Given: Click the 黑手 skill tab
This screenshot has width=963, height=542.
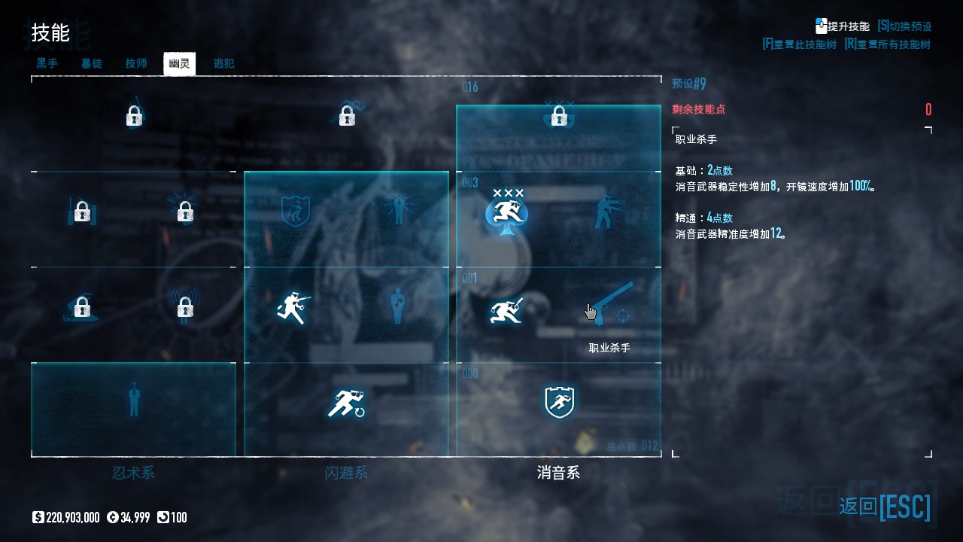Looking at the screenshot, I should coord(47,63).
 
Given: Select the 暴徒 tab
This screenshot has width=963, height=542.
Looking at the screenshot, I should coord(92,63).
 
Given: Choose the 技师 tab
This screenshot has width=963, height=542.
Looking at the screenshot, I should coord(136,63).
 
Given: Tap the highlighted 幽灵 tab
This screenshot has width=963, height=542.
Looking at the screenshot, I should coord(179,63).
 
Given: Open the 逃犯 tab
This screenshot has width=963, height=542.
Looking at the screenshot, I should coord(223,63).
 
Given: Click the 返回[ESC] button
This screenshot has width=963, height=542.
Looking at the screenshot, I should coord(885,506).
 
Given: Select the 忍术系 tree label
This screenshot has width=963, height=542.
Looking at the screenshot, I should coord(133,473).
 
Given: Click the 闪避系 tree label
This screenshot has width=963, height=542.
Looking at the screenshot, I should coord(346,473).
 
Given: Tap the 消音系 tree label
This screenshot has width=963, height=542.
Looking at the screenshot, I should coord(558,473).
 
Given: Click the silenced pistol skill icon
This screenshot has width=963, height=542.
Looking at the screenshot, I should coord(610,303).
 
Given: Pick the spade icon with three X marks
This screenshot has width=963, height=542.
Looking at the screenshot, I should coord(506,211).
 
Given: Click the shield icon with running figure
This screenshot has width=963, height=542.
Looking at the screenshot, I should coord(559,402).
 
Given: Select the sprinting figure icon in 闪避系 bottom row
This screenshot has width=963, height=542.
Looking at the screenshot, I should coord(346,403).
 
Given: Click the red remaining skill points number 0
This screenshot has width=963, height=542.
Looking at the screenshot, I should coord(928,110).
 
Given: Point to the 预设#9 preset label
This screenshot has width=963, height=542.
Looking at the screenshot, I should coord(688,84).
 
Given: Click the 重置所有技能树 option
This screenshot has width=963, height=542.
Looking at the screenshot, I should coord(887,44).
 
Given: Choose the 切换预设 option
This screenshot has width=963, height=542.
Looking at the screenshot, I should coord(904,26).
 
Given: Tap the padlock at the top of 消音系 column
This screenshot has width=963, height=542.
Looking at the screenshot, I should coord(558,117).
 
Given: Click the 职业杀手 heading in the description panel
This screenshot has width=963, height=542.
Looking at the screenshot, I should coord(696,139).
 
